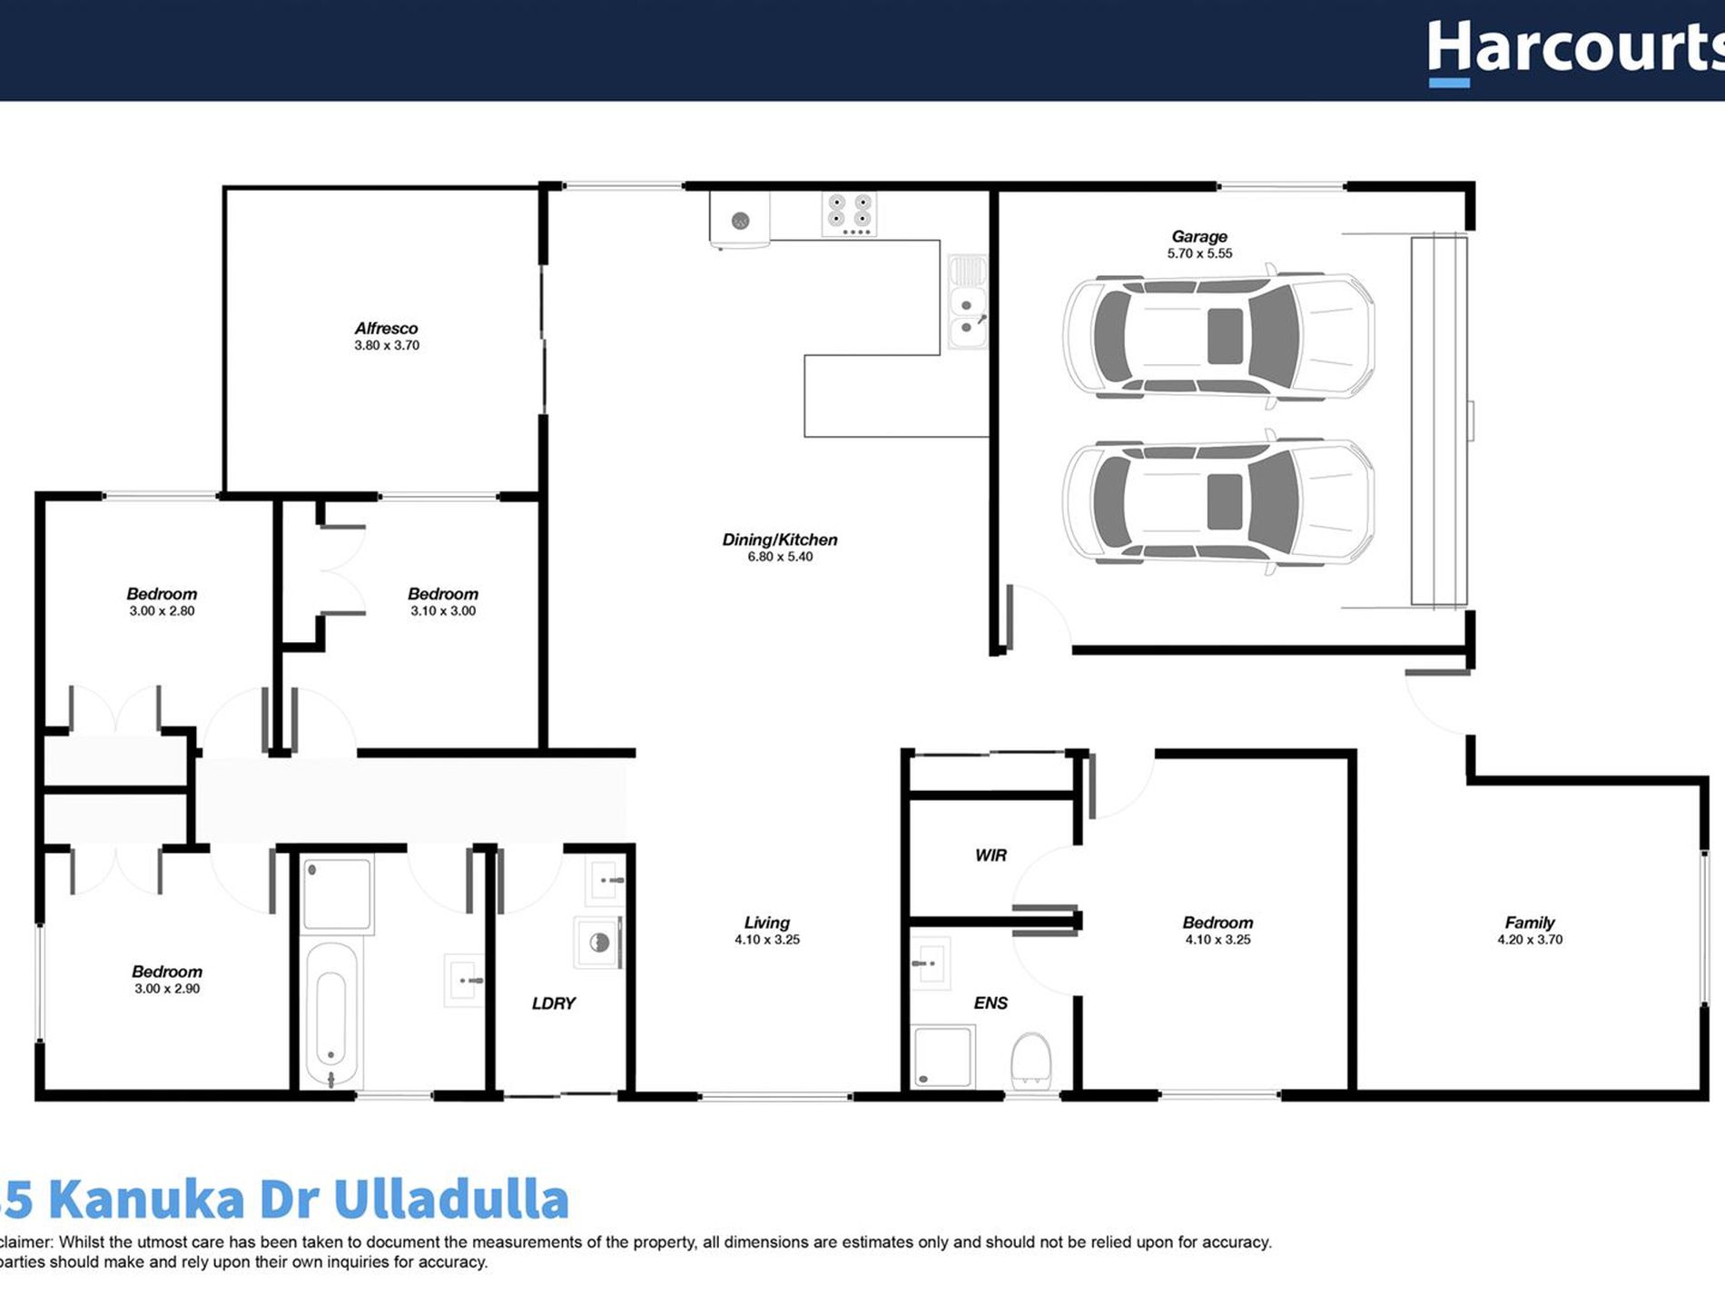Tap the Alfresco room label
(x=386, y=328)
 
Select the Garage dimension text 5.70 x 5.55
(x=1199, y=253)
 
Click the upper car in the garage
(x=1218, y=335)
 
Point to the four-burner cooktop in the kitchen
(x=850, y=213)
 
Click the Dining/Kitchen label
(x=779, y=539)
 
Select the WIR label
(x=990, y=855)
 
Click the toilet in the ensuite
(x=1030, y=1061)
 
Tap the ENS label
(x=990, y=1003)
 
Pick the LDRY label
(x=553, y=1003)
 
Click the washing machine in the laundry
(x=598, y=943)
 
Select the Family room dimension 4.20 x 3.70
(x=1530, y=940)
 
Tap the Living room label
(x=766, y=923)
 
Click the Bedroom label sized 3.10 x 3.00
(x=442, y=594)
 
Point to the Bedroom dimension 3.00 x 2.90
(x=167, y=989)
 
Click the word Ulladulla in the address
(x=450, y=1199)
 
